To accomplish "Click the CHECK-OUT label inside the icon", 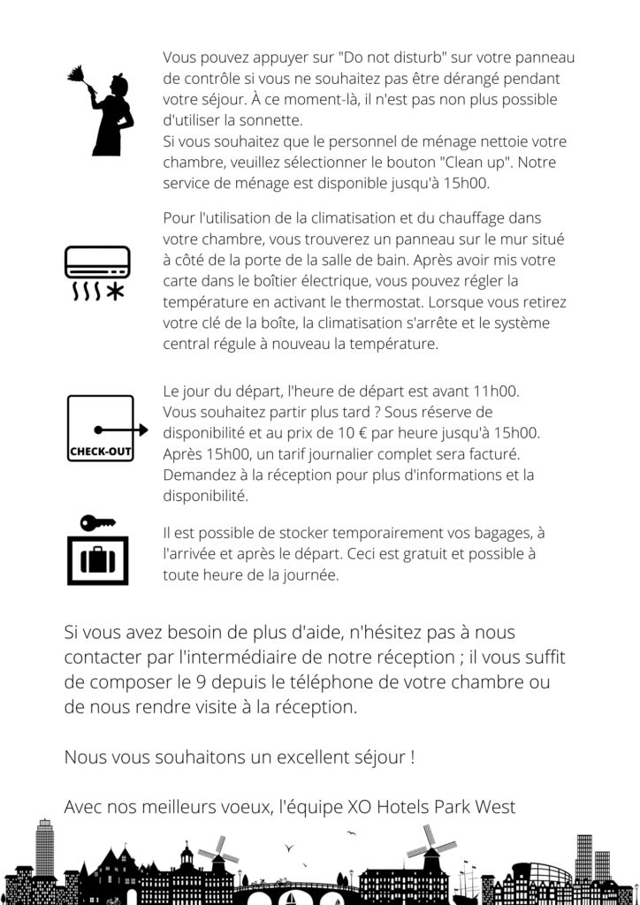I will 99,453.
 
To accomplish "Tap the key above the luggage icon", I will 97,523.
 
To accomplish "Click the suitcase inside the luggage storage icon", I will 97,559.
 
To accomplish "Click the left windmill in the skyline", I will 215,854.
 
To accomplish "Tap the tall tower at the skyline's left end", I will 44,848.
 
